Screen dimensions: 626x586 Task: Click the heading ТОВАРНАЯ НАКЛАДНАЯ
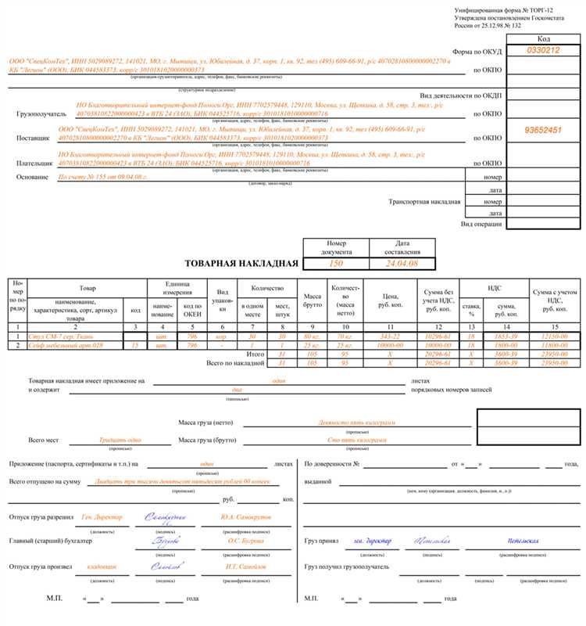click(x=241, y=264)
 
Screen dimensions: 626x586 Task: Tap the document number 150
click(x=336, y=264)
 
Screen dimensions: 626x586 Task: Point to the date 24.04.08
click(x=402, y=264)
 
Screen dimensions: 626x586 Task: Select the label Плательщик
click(x=35, y=164)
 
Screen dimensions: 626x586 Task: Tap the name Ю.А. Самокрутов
click(x=245, y=517)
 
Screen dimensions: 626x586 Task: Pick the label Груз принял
click(x=322, y=541)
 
